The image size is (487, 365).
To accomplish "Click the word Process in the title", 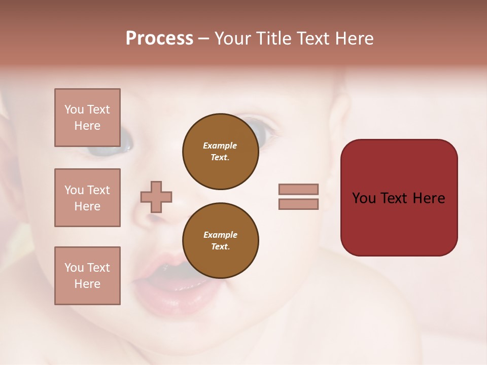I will [x=159, y=39].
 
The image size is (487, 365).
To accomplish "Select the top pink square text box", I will [x=87, y=118].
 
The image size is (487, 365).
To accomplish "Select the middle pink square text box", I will [x=87, y=198].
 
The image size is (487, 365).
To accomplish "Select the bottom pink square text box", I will [x=87, y=276].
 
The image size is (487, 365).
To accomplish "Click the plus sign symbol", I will [x=156, y=197].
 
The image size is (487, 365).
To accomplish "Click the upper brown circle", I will [x=221, y=151].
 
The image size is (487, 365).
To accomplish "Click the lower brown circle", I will [x=221, y=240].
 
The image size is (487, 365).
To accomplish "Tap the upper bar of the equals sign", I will [x=299, y=189].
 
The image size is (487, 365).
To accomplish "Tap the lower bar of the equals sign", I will [x=299, y=204].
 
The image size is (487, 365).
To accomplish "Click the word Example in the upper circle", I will [x=220, y=145].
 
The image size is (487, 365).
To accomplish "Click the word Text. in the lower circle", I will [x=221, y=247].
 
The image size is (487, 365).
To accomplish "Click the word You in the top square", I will [x=74, y=109].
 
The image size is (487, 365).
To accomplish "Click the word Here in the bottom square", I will [x=87, y=284].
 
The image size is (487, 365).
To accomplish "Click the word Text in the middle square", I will [x=98, y=190].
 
